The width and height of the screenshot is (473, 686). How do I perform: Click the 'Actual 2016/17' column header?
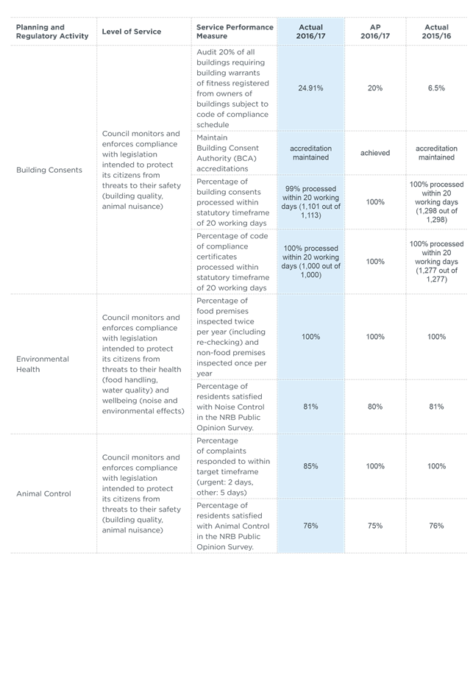(x=310, y=32)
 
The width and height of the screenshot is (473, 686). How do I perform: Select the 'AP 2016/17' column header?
(x=375, y=32)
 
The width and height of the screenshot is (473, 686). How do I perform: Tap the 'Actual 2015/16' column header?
(x=436, y=32)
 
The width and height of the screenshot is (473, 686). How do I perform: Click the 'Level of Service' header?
(x=131, y=32)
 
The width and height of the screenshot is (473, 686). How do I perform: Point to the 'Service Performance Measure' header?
(x=235, y=32)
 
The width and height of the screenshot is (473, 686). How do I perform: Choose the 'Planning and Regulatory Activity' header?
(x=52, y=32)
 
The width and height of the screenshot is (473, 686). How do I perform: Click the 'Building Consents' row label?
(x=49, y=170)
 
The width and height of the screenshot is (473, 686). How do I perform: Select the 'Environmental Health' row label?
(x=43, y=364)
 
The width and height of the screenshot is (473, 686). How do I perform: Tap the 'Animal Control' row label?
(x=43, y=493)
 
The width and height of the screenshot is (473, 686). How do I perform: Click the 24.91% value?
(x=310, y=88)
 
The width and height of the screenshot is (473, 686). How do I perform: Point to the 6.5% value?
(x=436, y=88)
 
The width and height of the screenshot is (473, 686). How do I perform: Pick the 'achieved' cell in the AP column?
(x=375, y=153)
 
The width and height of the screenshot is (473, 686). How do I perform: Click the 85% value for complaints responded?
(x=310, y=466)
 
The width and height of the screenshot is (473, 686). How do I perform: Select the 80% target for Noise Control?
(x=375, y=407)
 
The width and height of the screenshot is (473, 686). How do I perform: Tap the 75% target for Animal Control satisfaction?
(x=375, y=526)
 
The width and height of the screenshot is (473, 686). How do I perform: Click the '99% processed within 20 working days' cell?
(x=310, y=201)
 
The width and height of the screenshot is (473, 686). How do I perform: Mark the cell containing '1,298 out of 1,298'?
(x=436, y=201)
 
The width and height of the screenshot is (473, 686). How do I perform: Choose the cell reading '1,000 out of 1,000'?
(x=310, y=261)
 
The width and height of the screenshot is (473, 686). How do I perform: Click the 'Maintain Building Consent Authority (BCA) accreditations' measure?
(x=227, y=153)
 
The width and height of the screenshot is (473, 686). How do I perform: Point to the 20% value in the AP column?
(x=375, y=88)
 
